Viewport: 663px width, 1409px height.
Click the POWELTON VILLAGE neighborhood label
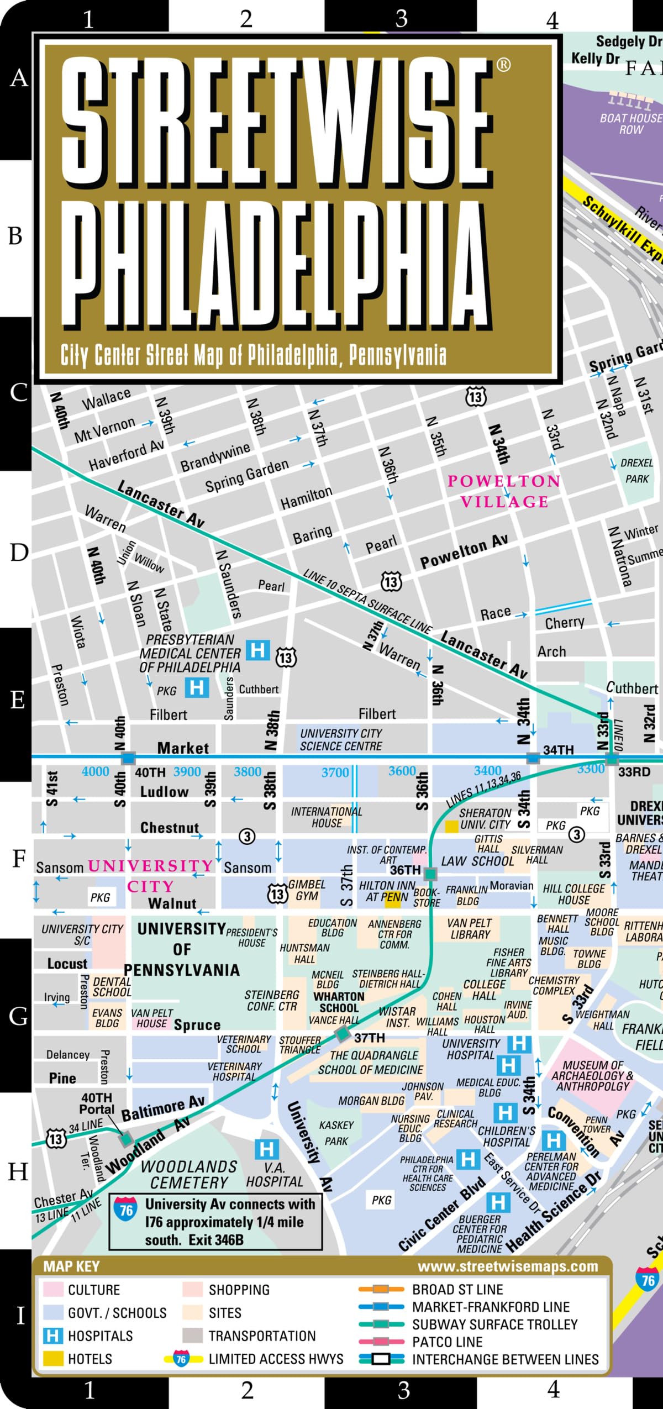point(504,491)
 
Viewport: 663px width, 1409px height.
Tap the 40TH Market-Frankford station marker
point(128,758)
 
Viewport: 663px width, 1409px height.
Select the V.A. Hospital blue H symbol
point(266,1150)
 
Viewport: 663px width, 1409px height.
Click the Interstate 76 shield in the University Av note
point(127,1210)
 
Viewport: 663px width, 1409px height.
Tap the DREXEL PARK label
point(636,471)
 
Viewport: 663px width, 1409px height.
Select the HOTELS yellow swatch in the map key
point(53,1358)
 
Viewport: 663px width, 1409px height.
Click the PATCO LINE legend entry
point(447,1342)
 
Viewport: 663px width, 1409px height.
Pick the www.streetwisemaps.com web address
point(508,1266)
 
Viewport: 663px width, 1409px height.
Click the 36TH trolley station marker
point(430,874)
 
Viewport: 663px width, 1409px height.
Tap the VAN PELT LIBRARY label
point(470,928)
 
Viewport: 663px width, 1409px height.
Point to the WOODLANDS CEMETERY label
point(189,1175)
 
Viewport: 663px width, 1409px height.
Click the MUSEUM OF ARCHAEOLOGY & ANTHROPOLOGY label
point(592,1076)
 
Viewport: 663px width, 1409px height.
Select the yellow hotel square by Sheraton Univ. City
point(451,827)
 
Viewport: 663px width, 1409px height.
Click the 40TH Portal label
point(97,1103)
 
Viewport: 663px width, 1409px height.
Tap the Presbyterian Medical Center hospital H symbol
point(257,650)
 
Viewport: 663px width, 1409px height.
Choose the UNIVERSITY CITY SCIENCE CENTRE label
point(341,739)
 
